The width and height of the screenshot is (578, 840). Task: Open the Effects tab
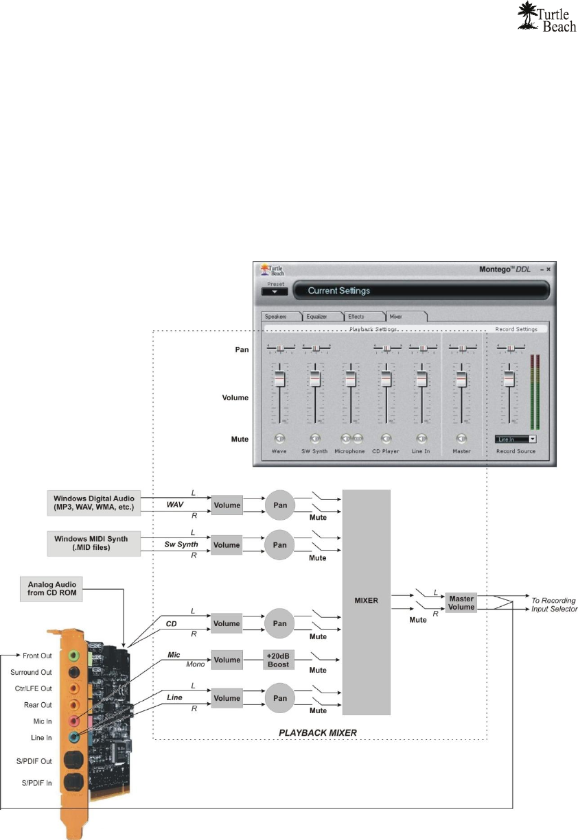[360, 316]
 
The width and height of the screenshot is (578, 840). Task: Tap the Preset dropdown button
[274, 291]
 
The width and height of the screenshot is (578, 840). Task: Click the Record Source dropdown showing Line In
[515, 438]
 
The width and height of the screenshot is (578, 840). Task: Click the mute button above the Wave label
[279, 438]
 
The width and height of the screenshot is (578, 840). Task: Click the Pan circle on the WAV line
[279, 505]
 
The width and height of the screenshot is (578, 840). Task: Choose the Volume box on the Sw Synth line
[227, 545]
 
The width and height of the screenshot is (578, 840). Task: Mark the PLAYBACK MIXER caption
[319, 732]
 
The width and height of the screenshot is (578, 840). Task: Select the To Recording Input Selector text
[554, 604]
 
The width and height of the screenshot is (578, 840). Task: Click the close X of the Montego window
[548, 269]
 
